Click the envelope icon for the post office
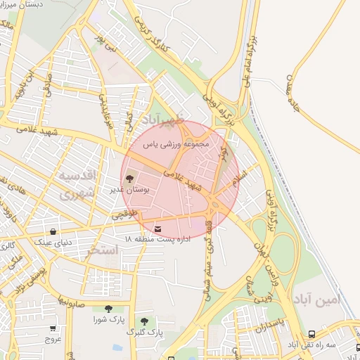pyautogui.click(x=156, y=229)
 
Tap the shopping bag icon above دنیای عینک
pyautogui.click(x=53, y=231)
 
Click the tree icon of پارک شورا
pyautogui.click(x=108, y=309)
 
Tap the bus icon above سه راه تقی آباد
pyautogui.click(x=311, y=335)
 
